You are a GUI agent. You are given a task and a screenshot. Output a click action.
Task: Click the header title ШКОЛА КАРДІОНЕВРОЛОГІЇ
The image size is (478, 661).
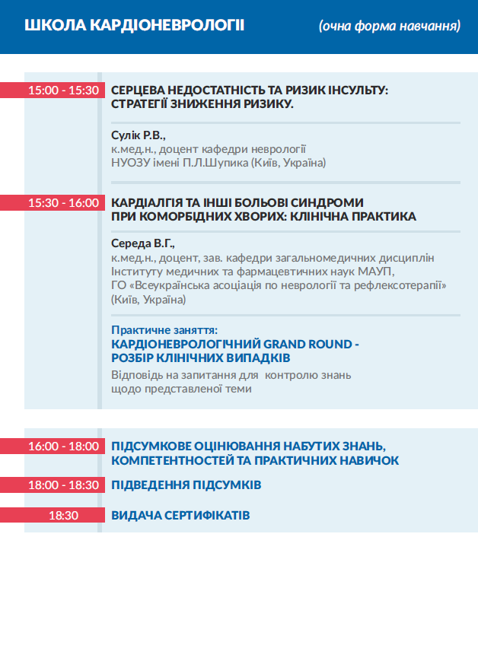pyautogui.click(x=134, y=26)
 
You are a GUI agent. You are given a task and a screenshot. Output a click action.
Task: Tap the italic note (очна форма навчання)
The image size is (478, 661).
pyautogui.click(x=390, y=27)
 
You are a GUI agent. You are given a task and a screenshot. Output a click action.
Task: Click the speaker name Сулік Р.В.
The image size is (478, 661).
pyautogui.click(x=138, y=135)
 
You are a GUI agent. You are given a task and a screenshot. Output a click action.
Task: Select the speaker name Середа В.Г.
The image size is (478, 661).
pyautogui.click(x=143, y=244)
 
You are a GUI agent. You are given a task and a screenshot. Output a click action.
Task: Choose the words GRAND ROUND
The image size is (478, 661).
pyautogui.click(x=304, y=344)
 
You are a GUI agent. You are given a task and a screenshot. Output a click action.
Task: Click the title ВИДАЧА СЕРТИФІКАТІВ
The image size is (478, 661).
pyautogui.click(x=180, y=515)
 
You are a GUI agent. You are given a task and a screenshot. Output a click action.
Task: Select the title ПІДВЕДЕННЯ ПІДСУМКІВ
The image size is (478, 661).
pyautogui.click(x=186, y=485)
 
